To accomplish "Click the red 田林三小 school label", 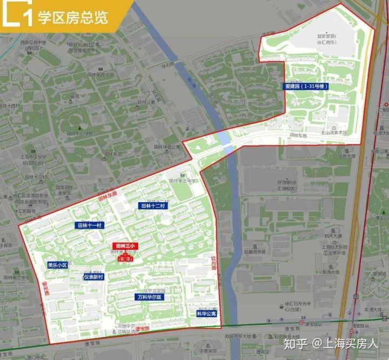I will (124, 246).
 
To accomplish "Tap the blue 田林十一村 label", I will (89, 225).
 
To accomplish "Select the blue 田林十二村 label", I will (155, 206).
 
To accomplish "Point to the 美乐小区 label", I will (57, 265).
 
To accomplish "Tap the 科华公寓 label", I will (206, 313).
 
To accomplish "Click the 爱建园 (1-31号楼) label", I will (307, 86).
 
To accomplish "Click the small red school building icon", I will (124, 258).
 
